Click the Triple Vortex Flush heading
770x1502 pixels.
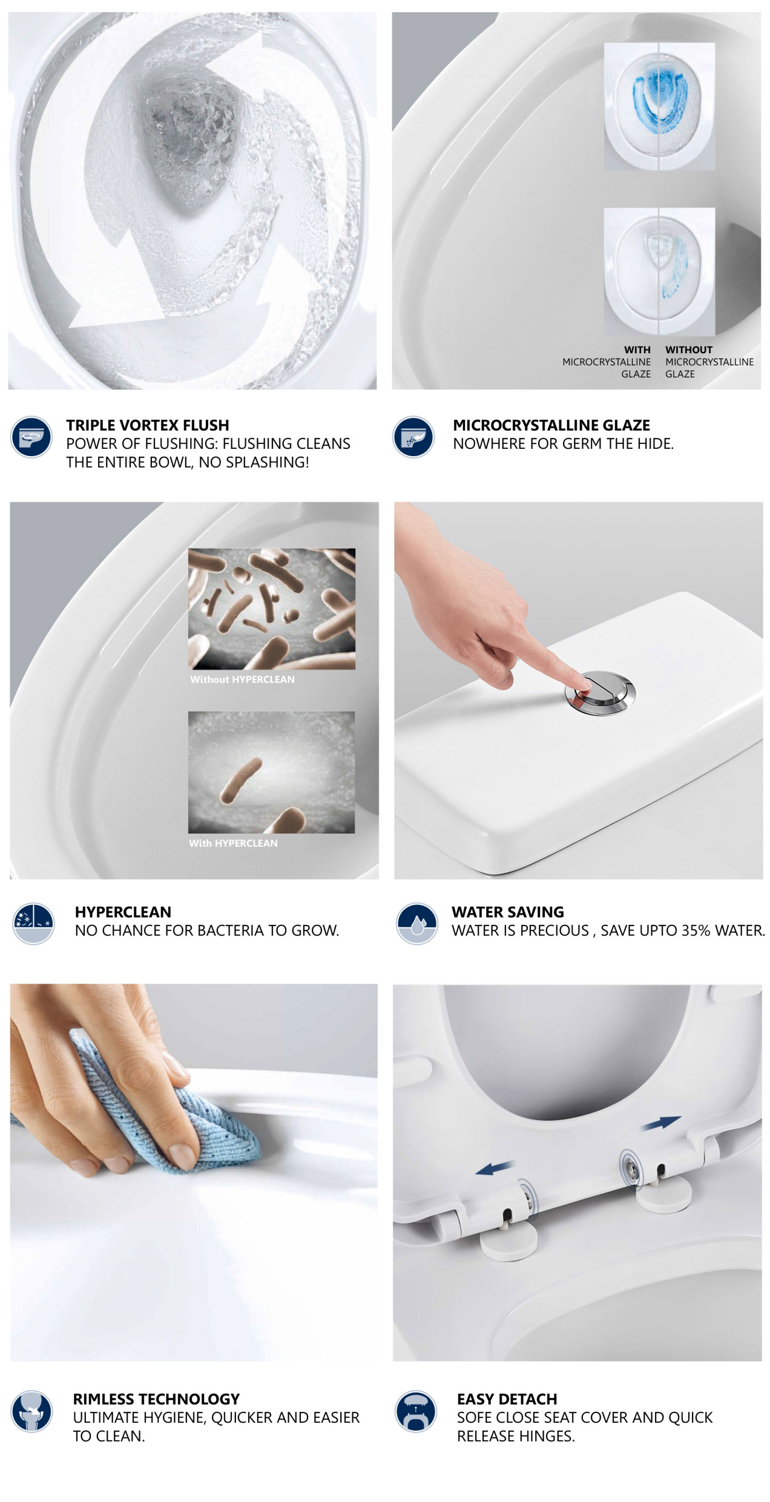148,425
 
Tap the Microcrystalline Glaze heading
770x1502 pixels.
551,425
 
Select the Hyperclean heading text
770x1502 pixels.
123,912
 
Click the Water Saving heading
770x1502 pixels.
507,912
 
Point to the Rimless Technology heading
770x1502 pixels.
156,1399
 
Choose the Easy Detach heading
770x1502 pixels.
507,1399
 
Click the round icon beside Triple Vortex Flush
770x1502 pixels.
31,437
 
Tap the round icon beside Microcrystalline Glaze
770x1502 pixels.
413,437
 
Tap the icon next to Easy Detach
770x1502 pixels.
415,1411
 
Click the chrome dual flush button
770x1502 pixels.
600,692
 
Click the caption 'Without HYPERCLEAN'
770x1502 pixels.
242,679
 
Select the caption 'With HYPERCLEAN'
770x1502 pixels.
233,843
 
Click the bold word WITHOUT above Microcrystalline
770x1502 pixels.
689,350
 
